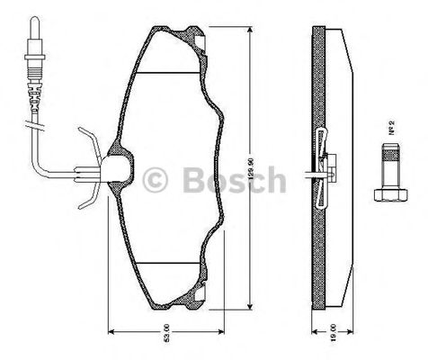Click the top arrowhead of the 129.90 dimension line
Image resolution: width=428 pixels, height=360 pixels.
tap(249, 29)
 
